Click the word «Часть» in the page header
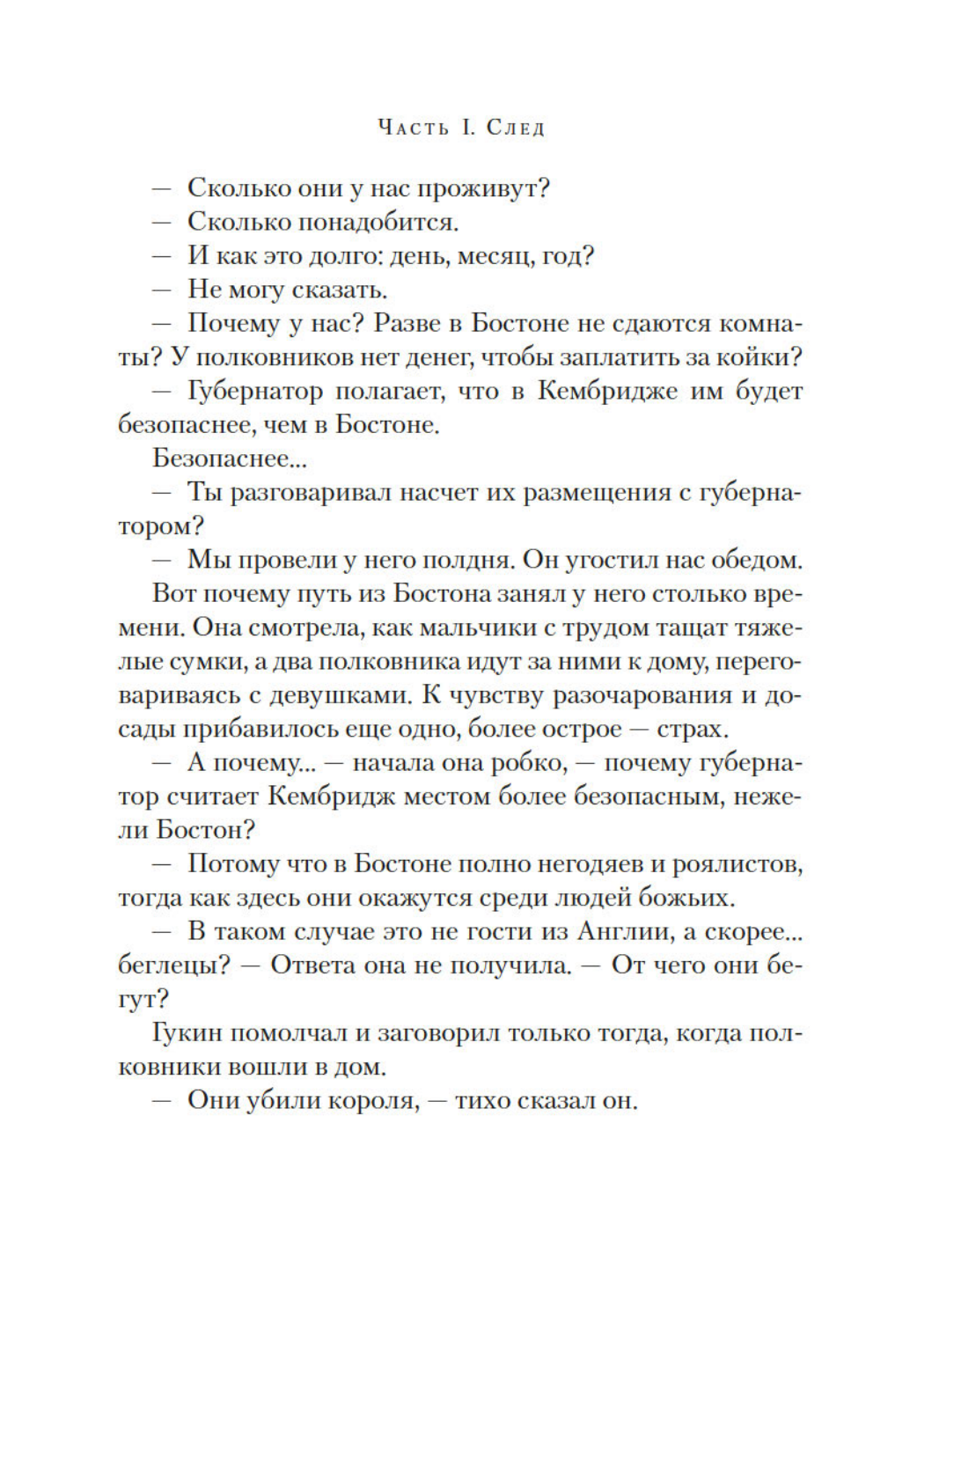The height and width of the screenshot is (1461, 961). tap(413, 128)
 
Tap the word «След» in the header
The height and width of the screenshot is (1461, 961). tap(516, 128)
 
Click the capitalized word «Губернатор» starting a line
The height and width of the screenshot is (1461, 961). tap(255, 392)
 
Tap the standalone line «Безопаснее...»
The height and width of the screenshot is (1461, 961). tap(230, 459)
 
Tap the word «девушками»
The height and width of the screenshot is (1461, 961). tap(341, 695)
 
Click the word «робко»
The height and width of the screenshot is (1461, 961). tap(527, 763)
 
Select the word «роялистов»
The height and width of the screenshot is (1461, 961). tap(737, 864)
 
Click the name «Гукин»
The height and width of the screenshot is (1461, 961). tap(187, 1033)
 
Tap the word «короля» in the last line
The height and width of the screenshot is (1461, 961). tap(372, 1101)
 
